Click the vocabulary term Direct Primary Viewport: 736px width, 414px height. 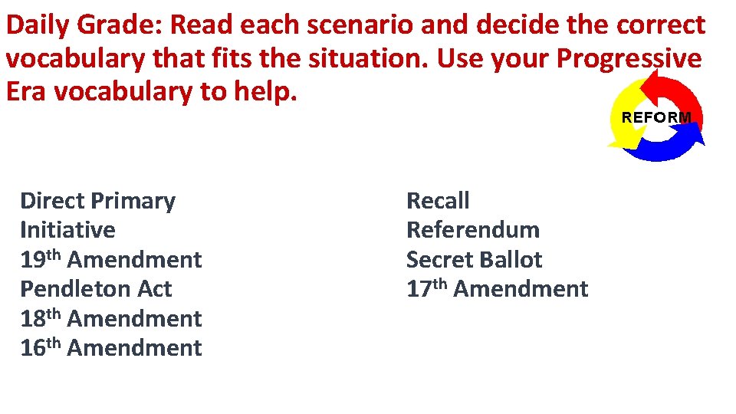pyautogui.click(x=97, y=201)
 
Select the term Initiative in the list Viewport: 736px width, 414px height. pyautogui.click(x=67, y=230)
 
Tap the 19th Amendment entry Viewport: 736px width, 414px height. pyautogui.click(x=110, y=260)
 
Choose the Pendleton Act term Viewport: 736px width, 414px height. pyautogui.click(x=96, y=289)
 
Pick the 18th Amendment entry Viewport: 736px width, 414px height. pyautogui.click(x=110, y=318)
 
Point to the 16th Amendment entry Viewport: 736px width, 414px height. pyautogui.click(x=110, y=348)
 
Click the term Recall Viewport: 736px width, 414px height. pyautogui.click(x=438, y=201)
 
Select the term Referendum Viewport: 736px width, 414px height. pyautogui.click(x=472, y=230)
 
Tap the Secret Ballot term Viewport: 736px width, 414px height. pyautogui.click(x=474, y=260)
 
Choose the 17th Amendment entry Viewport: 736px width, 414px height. pyautogui.click(x=497, y=289)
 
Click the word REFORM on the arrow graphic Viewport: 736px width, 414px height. pyautogui.click(x=655, y=117)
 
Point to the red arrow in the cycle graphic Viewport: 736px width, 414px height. pyautogui.click(x=678, y=92)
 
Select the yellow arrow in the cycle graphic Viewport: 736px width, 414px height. pyautogui.click(x=623, y=130)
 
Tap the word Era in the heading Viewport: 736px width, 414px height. pyautogui.click(x=26, y=90)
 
